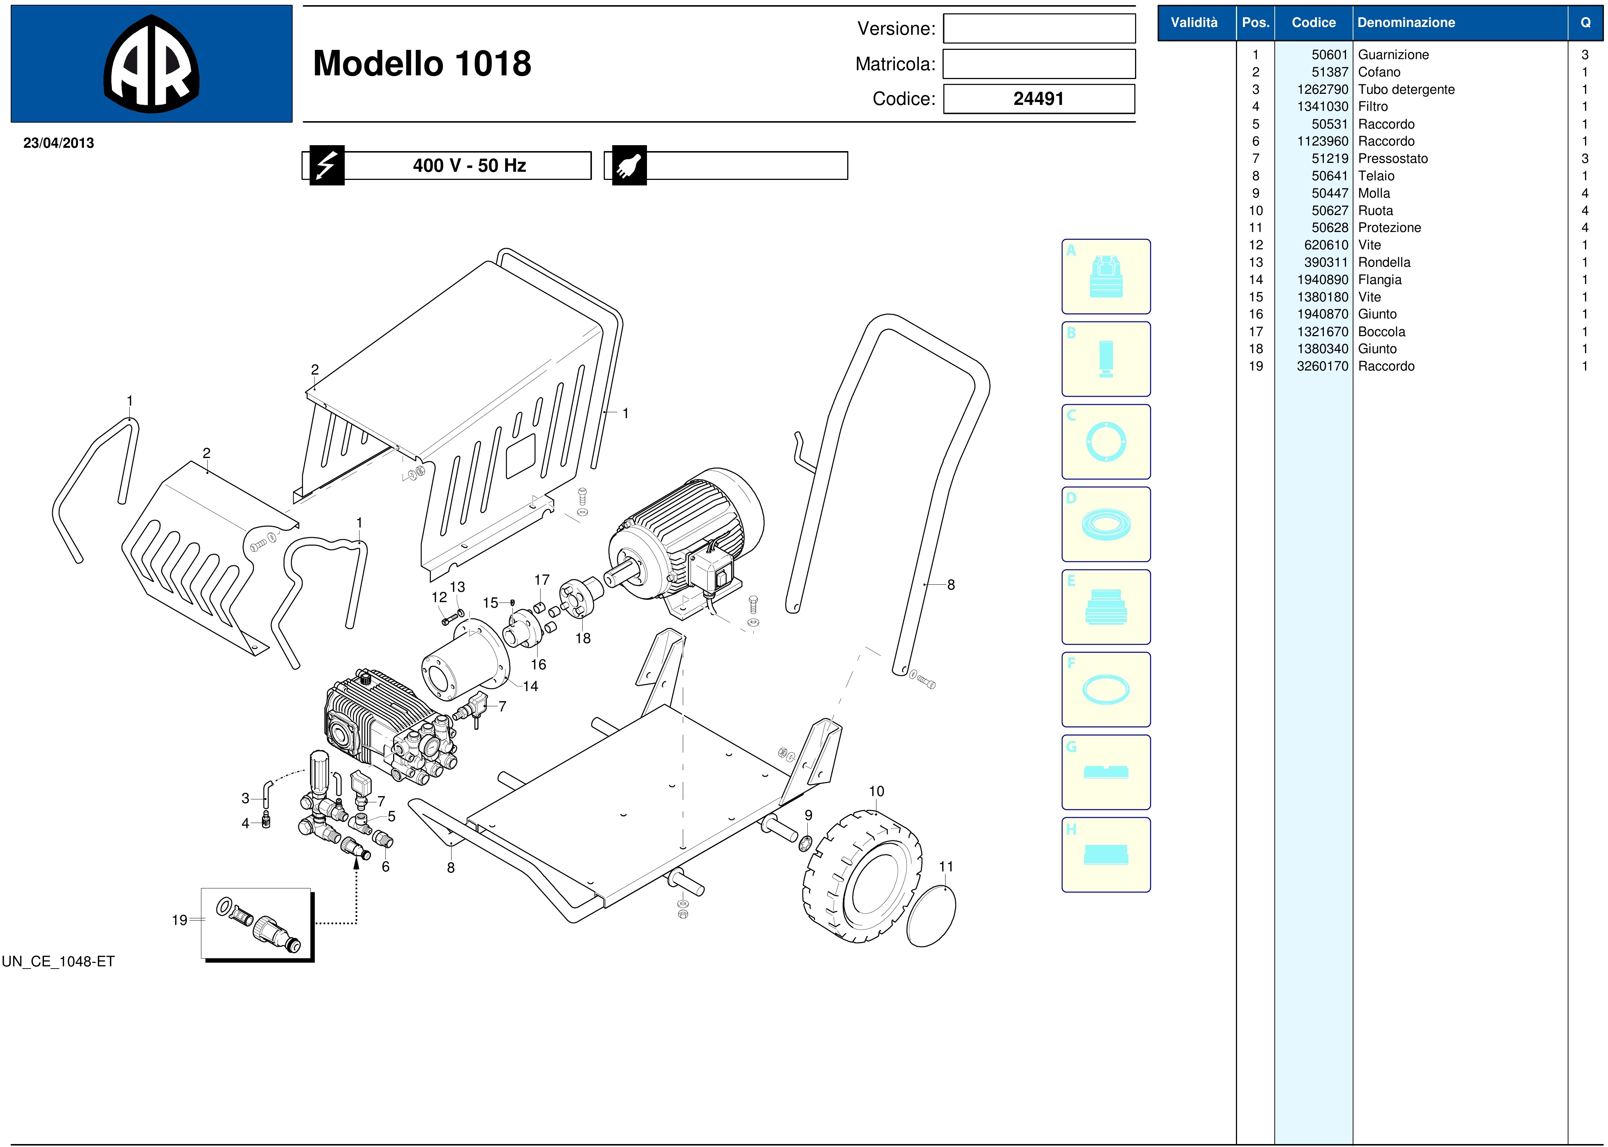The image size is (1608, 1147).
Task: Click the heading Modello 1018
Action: coord(422,64)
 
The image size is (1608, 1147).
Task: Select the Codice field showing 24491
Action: coord(1039,99)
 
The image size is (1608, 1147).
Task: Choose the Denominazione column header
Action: coord(1406,23)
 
